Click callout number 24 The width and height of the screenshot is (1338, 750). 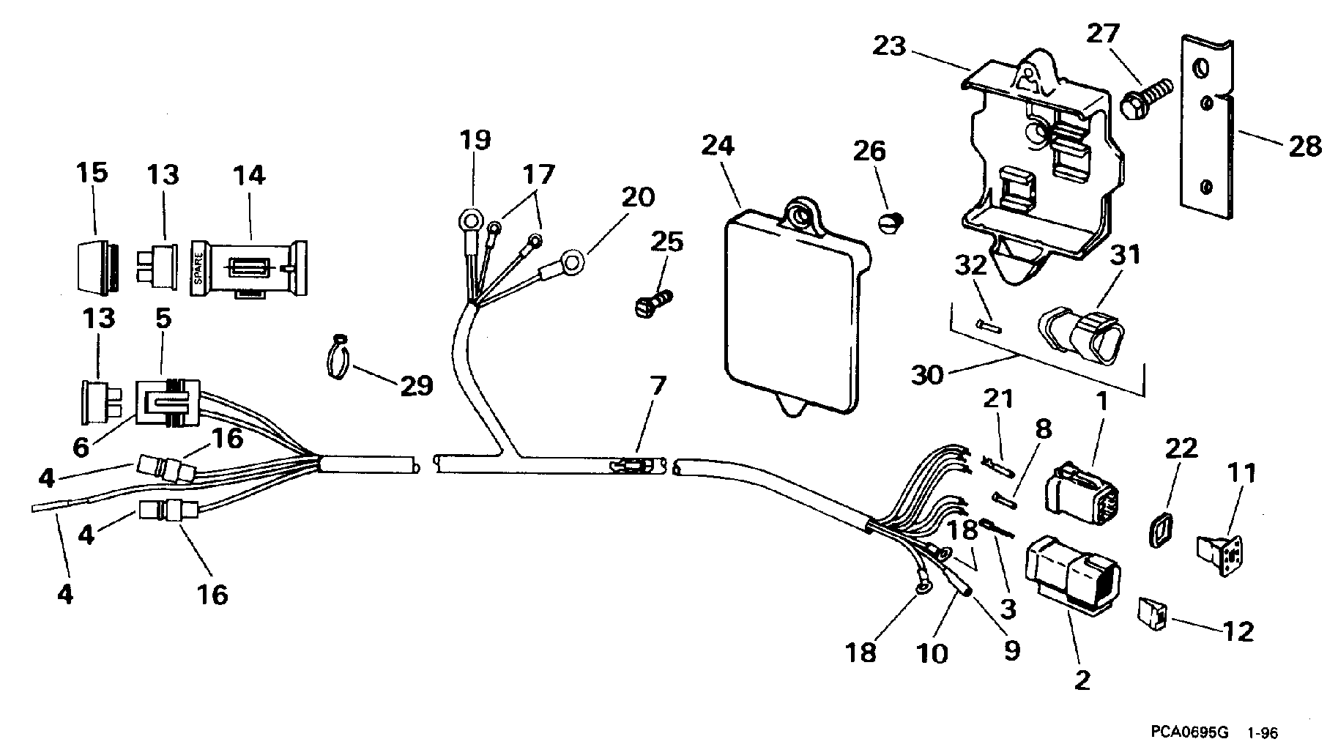click(717, 145)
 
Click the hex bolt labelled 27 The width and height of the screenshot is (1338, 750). click(1146, 98)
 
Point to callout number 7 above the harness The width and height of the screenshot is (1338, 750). click(657, 385)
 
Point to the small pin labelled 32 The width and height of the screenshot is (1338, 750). click(986, 324)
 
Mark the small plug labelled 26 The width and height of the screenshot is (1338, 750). click(891, 221)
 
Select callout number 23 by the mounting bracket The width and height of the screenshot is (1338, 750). click(889, 47)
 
